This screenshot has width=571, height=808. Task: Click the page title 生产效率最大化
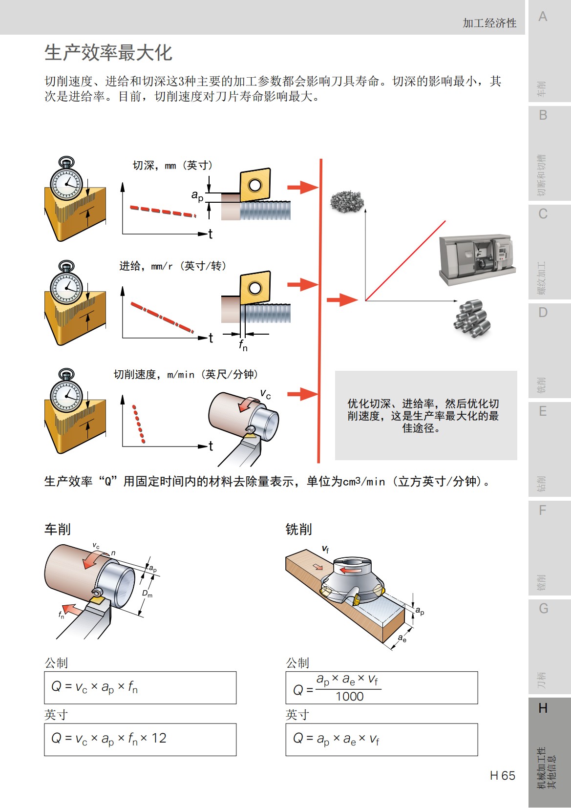(x=108, y=53)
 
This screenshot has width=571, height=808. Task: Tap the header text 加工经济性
(x=489, y=23)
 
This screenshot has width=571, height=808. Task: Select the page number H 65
(x=503, y=775)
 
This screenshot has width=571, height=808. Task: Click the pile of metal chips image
(x=347, y=200)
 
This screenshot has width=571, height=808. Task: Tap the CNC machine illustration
(x=476, y=260)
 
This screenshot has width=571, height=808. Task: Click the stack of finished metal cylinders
(x=471, y=319)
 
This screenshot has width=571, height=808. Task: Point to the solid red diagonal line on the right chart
(x=405, y=260)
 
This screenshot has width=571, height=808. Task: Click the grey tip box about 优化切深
(x=425, y=415)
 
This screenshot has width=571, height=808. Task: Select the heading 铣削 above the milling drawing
(x=298, y=529)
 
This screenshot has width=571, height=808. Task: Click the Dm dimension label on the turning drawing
(x=147, y=594)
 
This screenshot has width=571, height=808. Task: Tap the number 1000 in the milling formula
(x=349, y=696)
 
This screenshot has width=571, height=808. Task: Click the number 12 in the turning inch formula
(x=159, y=738)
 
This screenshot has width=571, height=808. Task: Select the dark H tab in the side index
(x=543, y=708)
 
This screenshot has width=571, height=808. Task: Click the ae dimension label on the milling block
(x=402, y=638)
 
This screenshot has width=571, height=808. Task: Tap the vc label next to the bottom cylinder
(x=265, y=394)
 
